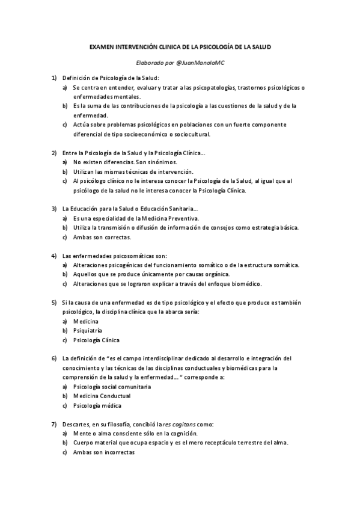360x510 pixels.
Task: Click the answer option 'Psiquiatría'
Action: pyautogui.click(x=87, y=330)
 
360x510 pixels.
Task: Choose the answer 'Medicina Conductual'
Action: pyautogui.click(x=102, y=396)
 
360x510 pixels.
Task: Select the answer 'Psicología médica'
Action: pyautogui.click(x=96, y=405)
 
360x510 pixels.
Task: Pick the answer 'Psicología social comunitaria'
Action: pyautogui.click(x=112, y=386)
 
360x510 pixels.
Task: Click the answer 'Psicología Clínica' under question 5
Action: pyautogui.click(x=96, y=340)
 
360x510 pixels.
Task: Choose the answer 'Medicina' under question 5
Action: pyautogui.click(x=85, y=321)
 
